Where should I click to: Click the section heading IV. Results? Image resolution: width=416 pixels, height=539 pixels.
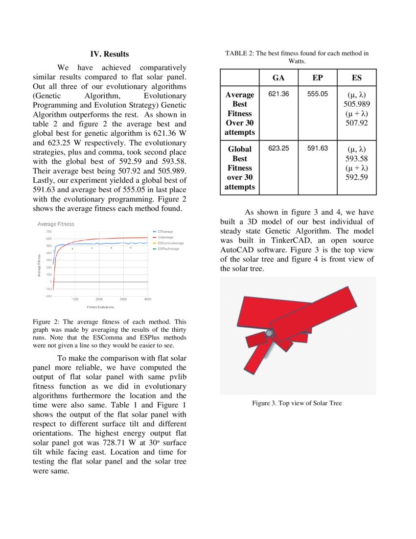tap(110, 54)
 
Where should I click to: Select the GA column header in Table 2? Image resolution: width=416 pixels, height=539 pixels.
tap(278, 78)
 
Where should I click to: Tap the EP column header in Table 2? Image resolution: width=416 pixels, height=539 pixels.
tap(317, 78)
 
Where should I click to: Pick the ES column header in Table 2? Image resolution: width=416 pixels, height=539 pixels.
tap(357, 78)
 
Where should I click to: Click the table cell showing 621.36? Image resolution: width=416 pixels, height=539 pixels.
tap(278, 94)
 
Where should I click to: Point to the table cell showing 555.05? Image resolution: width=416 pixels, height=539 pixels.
tap(317, 94)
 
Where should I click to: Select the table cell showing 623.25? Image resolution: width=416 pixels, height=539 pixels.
tap(278, 148)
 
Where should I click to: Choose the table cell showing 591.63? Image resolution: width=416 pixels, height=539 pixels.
tap(317, 148)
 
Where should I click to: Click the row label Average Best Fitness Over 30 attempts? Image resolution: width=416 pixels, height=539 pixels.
tap(240, 113)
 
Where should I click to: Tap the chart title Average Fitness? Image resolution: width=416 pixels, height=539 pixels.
tap(56, 224)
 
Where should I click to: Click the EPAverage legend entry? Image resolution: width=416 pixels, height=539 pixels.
tap(165, 231)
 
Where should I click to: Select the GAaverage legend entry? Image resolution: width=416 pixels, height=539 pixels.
tap(165, 237)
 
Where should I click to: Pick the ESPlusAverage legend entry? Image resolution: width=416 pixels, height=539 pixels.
tap(168, 249)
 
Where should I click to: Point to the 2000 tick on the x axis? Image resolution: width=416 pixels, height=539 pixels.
tap(99, 299)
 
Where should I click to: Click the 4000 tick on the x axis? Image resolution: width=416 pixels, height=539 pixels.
tap(148, 299)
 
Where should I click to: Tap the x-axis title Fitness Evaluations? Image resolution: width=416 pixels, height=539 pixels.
tap(100, 307)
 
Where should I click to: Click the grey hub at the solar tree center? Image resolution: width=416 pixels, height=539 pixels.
tap(269, 334)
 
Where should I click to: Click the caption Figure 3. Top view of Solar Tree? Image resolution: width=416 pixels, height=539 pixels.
tap(297, 403)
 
